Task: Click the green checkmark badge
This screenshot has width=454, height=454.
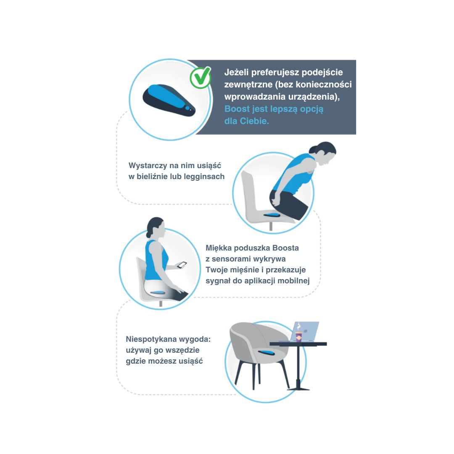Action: [x=201, y=77]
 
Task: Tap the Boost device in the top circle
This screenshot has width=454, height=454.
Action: [x=169, y=100]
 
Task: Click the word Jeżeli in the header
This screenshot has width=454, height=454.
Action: [x=236, y=72]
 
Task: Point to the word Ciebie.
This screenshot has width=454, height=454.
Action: [x=256, y=121]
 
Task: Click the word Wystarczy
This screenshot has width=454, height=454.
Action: [x=148, y=166]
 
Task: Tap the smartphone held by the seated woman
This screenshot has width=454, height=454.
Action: [x=182, y=265]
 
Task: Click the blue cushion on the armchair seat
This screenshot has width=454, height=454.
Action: [x=267, y=352]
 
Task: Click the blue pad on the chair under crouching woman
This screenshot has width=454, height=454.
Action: [x=272, y=214]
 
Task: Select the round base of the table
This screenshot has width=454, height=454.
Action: [x=298, y=389]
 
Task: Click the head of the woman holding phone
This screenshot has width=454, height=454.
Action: [x=156, y=227]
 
